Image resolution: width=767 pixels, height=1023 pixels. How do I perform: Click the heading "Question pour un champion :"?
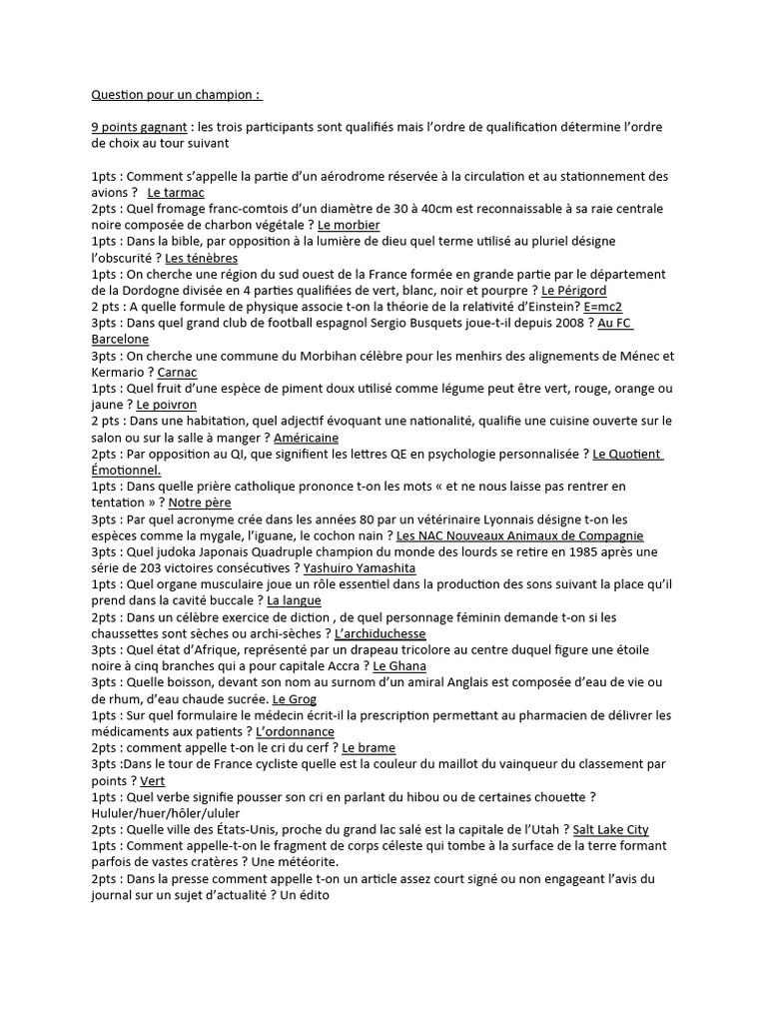177,96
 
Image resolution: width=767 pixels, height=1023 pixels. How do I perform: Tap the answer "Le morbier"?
349,226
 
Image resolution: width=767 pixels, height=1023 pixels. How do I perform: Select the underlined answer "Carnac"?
178,373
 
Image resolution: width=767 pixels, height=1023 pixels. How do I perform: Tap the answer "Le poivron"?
167,406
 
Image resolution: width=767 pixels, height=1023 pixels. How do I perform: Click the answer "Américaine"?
306,438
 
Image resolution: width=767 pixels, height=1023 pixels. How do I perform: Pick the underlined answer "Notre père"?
200,503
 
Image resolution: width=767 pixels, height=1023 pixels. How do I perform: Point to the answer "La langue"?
295,600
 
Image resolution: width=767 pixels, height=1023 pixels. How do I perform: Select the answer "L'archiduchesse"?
381,633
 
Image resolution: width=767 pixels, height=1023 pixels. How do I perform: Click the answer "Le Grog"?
295,698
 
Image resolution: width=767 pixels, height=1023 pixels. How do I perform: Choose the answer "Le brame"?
369,747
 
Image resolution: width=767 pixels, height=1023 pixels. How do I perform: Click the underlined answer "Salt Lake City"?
611,829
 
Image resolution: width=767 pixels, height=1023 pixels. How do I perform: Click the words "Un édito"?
306,895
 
